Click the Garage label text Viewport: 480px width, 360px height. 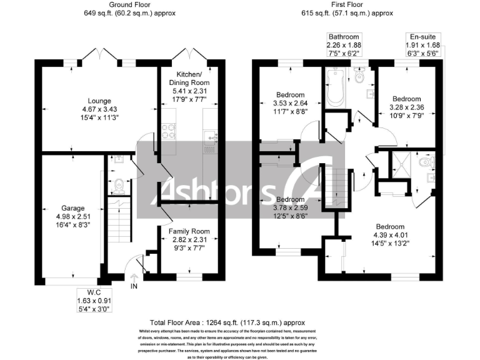(72, 208)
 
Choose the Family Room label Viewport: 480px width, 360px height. (189, 231)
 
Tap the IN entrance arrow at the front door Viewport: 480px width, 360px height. (133, 286)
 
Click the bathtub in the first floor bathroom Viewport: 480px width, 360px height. (333, 89)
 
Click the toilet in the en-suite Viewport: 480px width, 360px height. (427, 163)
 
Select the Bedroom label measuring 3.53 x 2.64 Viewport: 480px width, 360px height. (291, 95)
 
